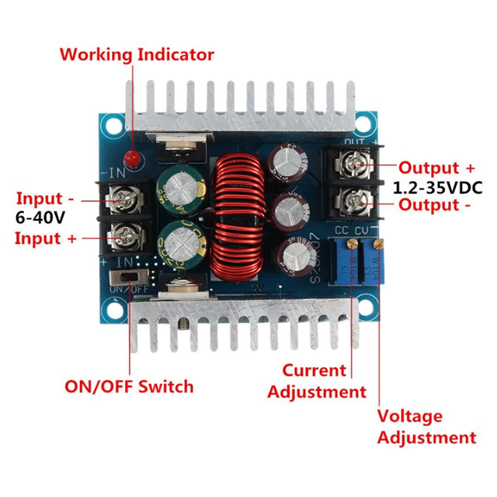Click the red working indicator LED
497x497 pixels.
pyautogui.click(x=134, y=160)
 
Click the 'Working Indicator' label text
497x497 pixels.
pyautogui.click(x=136, y=55)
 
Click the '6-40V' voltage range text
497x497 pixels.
pyautogui.click(x=41, y=218)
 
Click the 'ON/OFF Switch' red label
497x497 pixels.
pyautogui.click(x=128, y=386)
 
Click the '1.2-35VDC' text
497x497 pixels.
pyautogui.click(x=437, y=186)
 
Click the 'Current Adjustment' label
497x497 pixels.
pyautogui.click(x=315, y=381)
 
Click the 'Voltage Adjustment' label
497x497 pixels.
pyautogui.click(x=426, y=427)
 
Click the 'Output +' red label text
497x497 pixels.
pyautogui.click(x=436, y=168)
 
